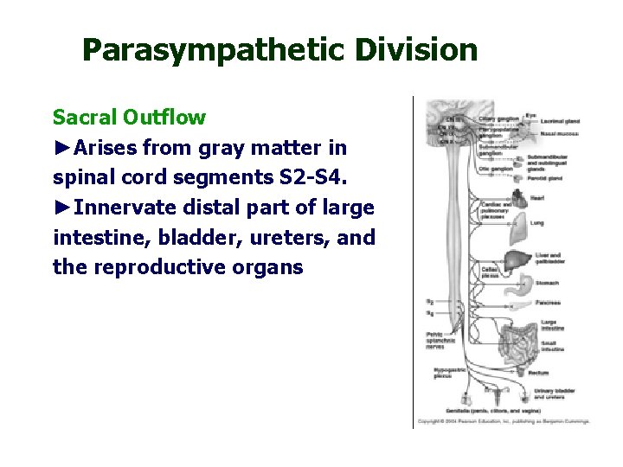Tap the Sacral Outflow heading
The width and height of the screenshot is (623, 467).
pyautogui.click(x=129, y=117)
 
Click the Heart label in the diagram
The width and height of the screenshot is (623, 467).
pyautogui.click(x=537, y=198)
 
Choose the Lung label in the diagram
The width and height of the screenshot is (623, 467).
pyautogui.click(x=536, y=222)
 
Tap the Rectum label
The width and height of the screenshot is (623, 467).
pyautogui.click(x=538, y=373)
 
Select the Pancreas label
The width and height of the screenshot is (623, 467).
pyautogui.click(x=547, y=303)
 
